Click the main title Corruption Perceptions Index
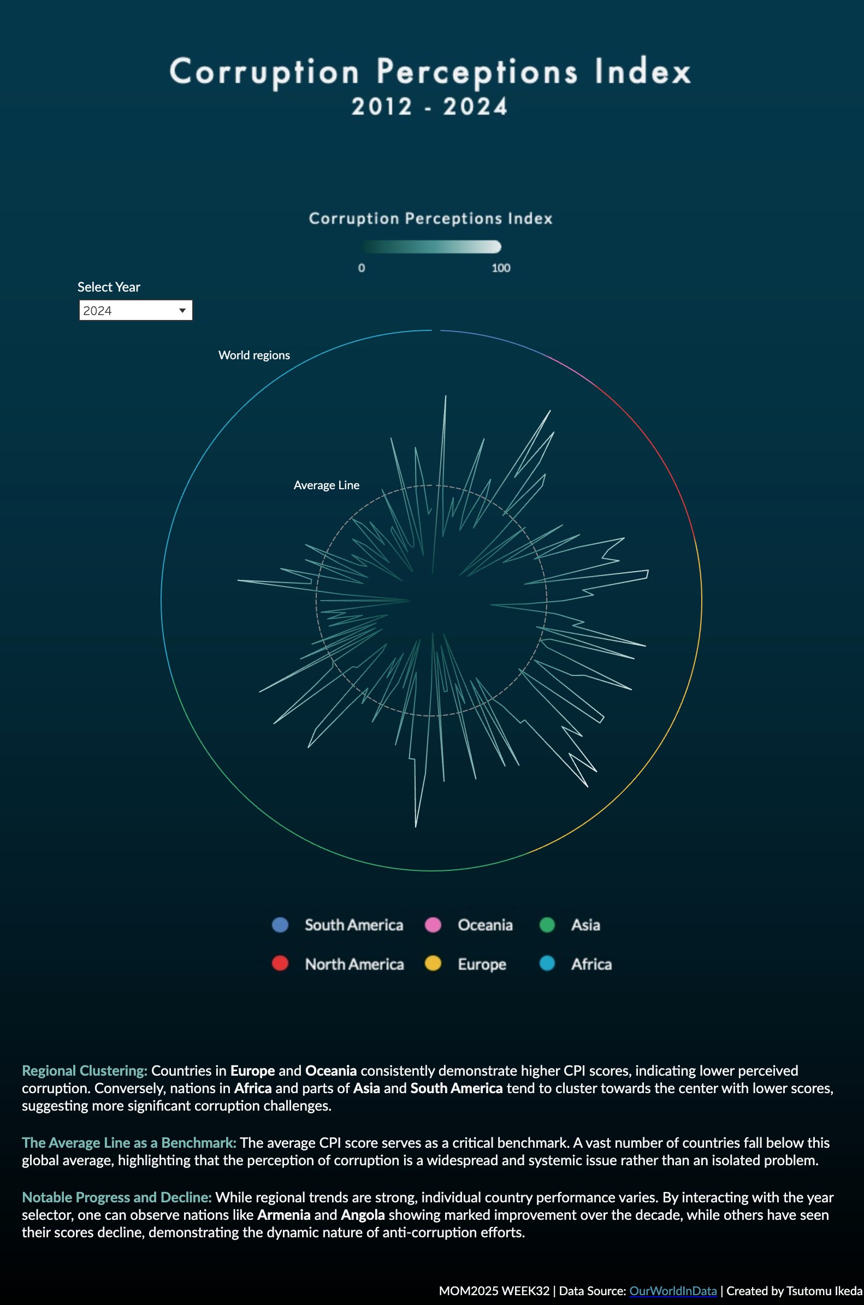(x=430, y=72)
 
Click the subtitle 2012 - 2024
(x=430, y=106)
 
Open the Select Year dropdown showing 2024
(x=135, y=311)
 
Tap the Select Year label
(x=109, y=287)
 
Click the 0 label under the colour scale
(x=362, y=268)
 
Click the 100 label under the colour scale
(x=500, y=268)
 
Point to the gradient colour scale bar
(x=431, y=247)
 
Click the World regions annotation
(x=254, y=355)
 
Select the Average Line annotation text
(x=326, y=485)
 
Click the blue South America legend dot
(x=280, y=925)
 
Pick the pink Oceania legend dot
(x=433, y=925)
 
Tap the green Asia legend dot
(x=547, y=925)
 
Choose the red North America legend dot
(x=280, y=964)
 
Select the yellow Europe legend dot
(x=433, y=964)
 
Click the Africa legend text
(x=591, y=964)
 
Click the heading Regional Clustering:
(x=84, y=1071)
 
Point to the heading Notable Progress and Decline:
(x=117, y=1197)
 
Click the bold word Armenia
(x=283, y=1215)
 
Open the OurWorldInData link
(x=673, y=1291)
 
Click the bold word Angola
(x=363, y=1215)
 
